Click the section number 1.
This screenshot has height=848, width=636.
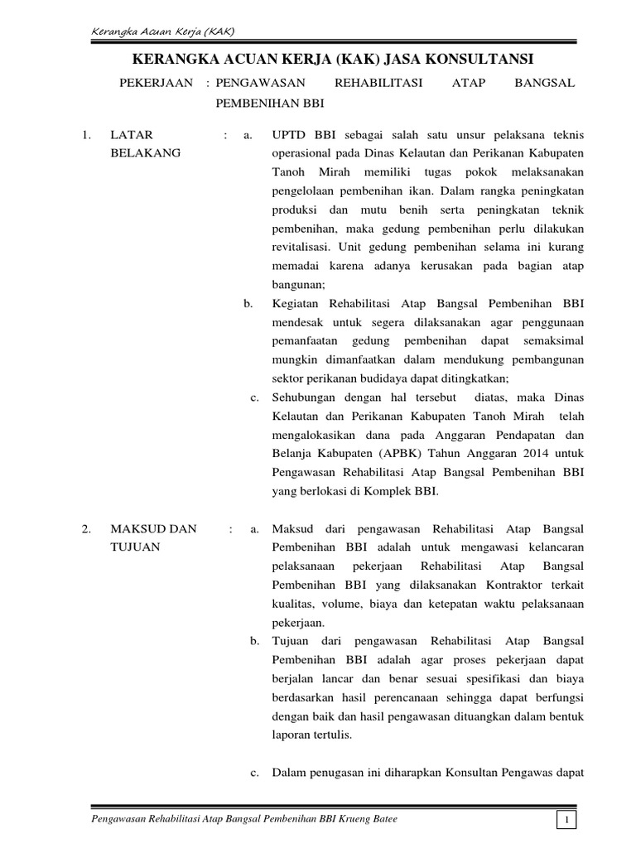[x=86, y=135]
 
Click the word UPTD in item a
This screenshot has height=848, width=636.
[x=287, y=135]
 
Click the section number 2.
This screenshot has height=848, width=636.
[x=86, y=529]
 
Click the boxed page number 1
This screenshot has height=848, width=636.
[x=567, y=820]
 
